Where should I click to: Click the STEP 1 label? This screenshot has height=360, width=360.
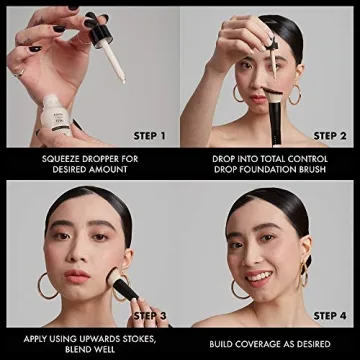point(149,135)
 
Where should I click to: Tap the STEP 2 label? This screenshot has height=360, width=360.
point(329,135)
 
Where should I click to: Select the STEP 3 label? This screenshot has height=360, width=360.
point(149,316)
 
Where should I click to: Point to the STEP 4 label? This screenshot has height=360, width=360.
point(329,316)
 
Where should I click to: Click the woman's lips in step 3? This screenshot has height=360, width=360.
point(79,281)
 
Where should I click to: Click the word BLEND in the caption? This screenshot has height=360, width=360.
point(70,349)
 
